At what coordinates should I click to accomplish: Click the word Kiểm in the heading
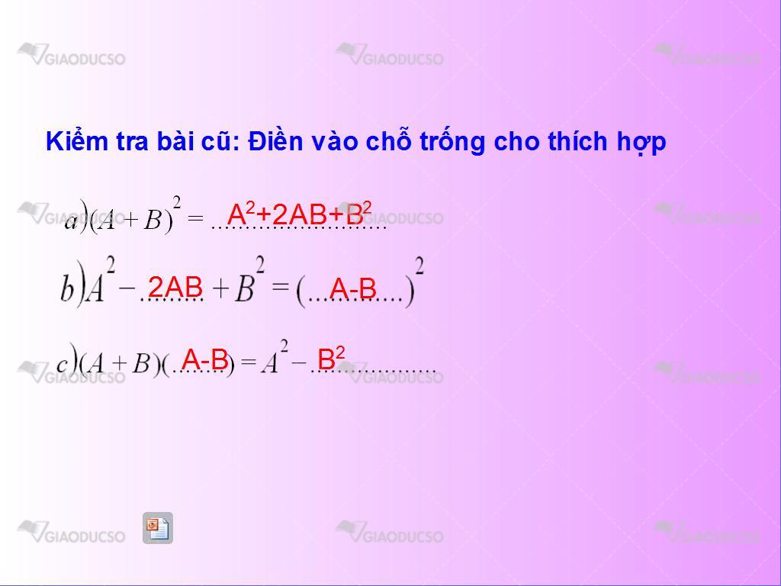click(77, 141)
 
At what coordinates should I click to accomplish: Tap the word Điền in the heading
click(275, 140)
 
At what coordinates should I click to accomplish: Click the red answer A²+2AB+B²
click(299, 214)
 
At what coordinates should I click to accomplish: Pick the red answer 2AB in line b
click(175, 287)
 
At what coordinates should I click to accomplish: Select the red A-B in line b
click(352, 288)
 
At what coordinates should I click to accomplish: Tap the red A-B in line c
click(204, 359)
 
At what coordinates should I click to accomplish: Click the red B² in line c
click(331, 359)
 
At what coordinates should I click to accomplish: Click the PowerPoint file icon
click(158, 528)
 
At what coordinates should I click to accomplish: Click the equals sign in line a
click(196, 217)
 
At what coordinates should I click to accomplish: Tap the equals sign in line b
click(281, 285)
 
